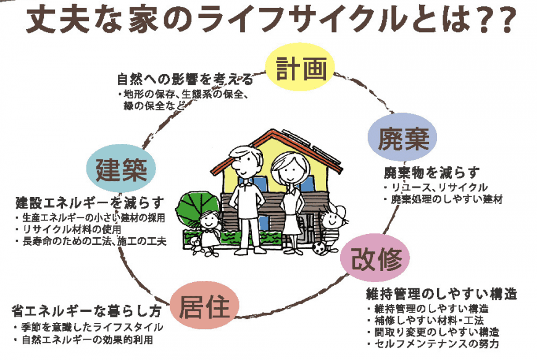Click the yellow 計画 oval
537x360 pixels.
pos(300,67)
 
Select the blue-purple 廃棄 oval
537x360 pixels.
pos(402,137)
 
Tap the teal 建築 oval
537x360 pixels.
pos(121,169)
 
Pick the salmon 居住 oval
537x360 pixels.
pos(204,306)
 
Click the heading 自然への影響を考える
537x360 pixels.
pos(185,80)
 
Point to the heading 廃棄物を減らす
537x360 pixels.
pos(432,173)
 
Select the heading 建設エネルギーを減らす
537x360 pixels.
pos(89,203)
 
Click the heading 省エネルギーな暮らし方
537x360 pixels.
pos(86,311)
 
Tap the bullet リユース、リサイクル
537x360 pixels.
pos(436,187)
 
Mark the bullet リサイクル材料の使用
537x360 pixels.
pos(69,229)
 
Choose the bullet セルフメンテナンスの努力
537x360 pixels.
pos(433,343)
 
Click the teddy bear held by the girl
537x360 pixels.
pos(196,245)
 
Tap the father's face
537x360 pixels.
pos(246,162)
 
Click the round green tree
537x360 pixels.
pos(196,207)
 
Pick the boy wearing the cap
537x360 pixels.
pos(331,228)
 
